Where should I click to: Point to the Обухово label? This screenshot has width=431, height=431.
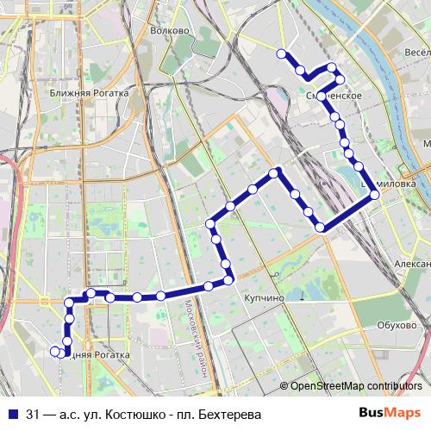(x=397, y=325)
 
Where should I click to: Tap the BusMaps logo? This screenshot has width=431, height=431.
(x=390, y=413)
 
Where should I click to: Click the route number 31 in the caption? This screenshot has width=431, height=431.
(x=33, y=413)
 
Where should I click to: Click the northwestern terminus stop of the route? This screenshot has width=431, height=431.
(x=280, y=54)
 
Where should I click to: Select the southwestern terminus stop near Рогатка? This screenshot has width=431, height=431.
(x=55, y=351)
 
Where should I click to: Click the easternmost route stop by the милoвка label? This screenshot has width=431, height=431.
(x=375, y=196)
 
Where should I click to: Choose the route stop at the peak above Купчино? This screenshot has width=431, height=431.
(x=275, y=172)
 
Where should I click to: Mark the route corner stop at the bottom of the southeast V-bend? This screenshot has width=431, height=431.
(x=321, y=228)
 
